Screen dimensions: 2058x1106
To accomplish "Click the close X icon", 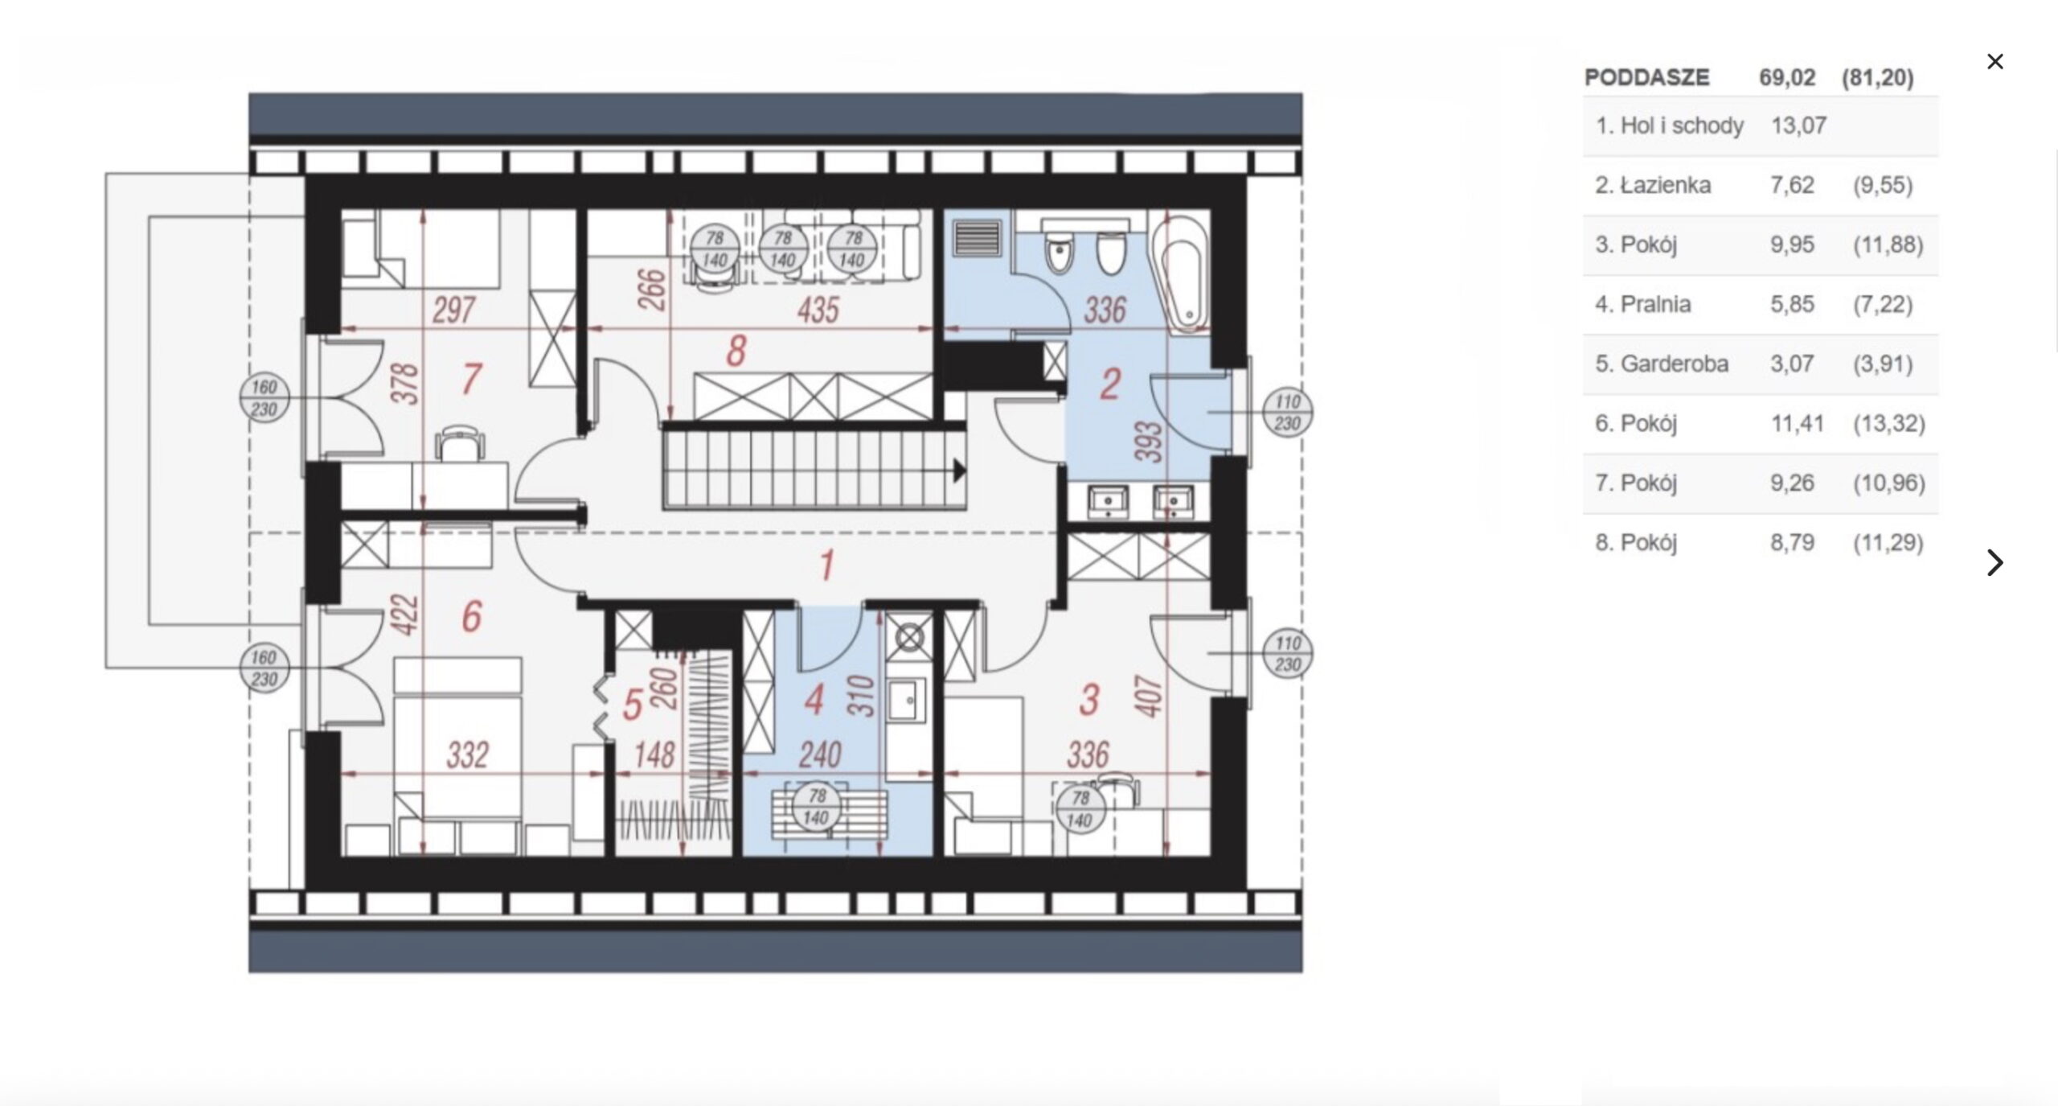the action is point(1994,61).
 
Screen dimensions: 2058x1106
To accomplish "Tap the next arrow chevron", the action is point(1994,562).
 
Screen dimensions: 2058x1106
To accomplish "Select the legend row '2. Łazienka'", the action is point(1761,185).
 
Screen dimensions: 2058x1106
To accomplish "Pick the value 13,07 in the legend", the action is point(1798,125).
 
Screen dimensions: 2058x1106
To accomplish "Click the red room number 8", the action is point(736,352).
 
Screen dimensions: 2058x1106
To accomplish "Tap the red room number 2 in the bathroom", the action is point(1109,384).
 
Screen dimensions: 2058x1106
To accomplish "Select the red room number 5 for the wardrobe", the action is point(633,705).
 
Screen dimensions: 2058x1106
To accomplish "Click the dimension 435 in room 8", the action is point(818,310).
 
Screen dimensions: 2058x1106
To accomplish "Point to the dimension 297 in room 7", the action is point(454,310).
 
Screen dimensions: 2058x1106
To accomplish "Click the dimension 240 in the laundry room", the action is point(819,754).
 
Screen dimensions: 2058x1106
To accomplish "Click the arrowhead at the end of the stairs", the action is point(959,471).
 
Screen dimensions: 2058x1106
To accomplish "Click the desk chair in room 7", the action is point(459,444).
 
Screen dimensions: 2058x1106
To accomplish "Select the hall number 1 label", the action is point(826,565).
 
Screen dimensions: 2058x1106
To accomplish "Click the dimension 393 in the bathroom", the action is point(1152,442).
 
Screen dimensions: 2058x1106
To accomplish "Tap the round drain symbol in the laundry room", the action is point(909,639).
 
